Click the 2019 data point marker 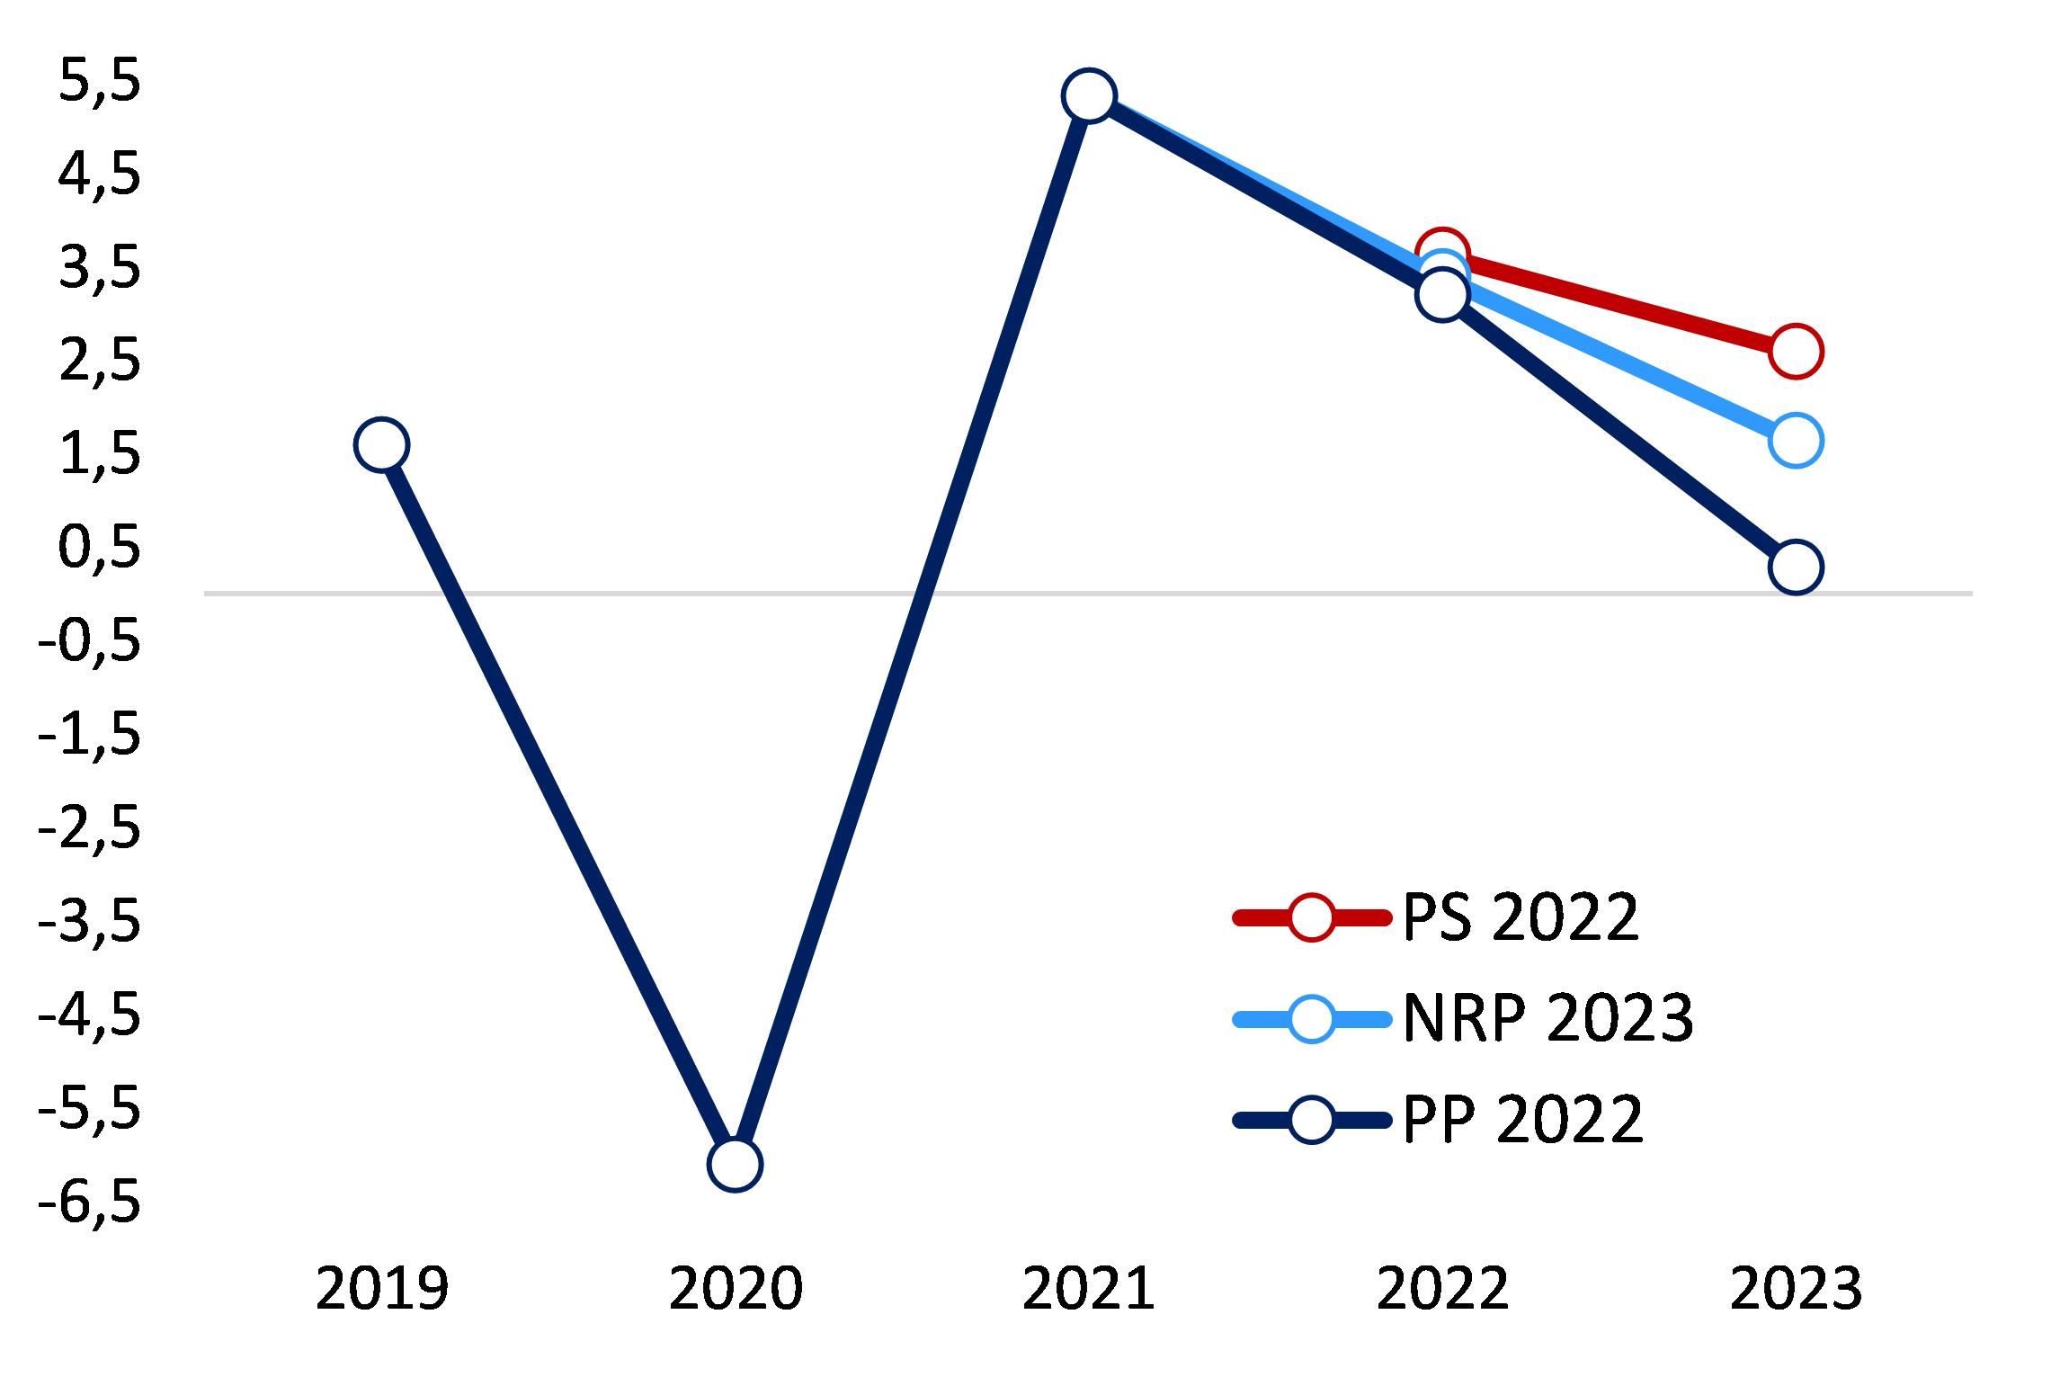pyautogui.click(x=381, y=444)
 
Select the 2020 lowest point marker pyautogui.click(x=735, y=1164)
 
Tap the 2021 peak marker pyautogui.click(x=1089, y=94)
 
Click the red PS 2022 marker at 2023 pyautogui.click(x=1796, y=351)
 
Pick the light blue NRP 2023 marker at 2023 pyautogui.click(x=1796, y=441)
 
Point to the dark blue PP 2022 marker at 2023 pyautogui.click(x=1796, y=568)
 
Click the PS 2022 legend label pyautogui.click(x=1521, y=918)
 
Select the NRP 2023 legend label pyautogui.click(x=1547, y=1019)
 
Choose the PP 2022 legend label pyautogui.click(x=1522, y=1120)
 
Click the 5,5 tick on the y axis pyautogui.click(x=99, y=84)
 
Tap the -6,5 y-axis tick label pyautogui.click(x=89, y=1204)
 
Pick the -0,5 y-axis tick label pyautogui.click(x=89, y=644)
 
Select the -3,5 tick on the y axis pyautogui.click(x=89, y=925)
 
